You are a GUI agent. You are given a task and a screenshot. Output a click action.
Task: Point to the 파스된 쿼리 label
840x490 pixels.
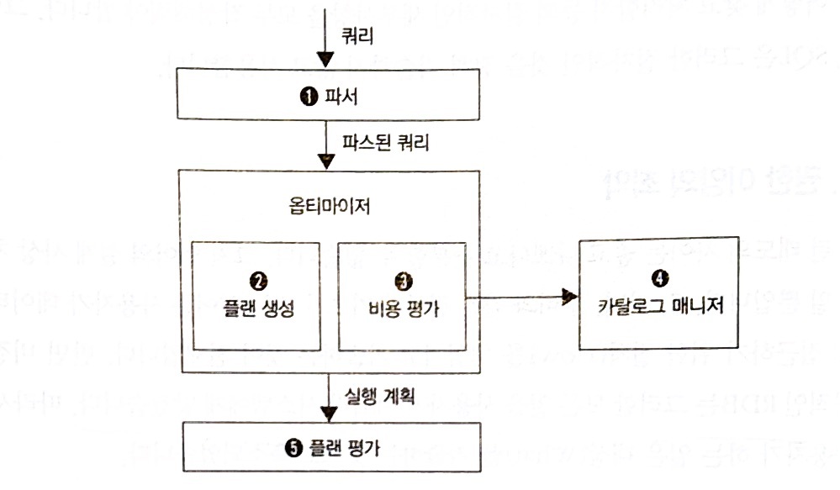pyautogui.click(x=386, y=142)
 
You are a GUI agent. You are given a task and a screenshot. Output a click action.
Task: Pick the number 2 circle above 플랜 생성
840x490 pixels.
pyautogui.click(x=257, y=275)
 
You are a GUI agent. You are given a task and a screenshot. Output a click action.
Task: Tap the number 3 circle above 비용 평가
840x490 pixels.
pyautogui.click(x=399, y=275)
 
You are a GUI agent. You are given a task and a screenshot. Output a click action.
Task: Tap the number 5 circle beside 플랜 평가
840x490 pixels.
pyautogui.click(x=292, y=447)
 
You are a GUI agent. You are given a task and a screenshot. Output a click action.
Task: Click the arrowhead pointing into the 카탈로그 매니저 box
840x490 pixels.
pyautogui.click(x=570, y=296)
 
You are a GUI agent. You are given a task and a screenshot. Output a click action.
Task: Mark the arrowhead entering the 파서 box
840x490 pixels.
pyautogui.click(x=329, y=62)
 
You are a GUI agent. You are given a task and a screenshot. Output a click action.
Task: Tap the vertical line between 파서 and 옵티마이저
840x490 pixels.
pyautogui.click(x=329, y=134)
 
